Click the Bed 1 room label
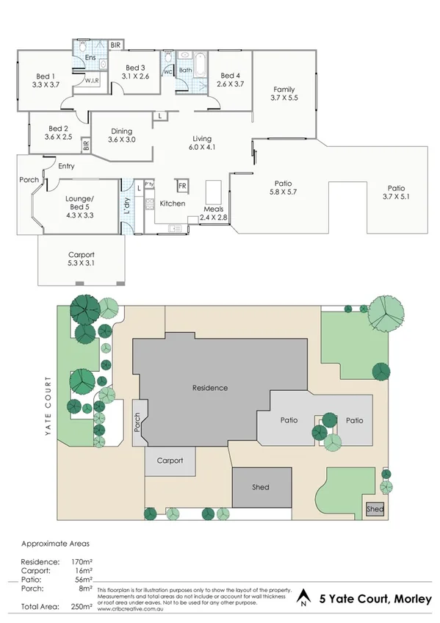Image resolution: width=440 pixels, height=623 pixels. click(x=46, y=76)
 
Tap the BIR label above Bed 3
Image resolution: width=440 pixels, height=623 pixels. click(x=115, y=46)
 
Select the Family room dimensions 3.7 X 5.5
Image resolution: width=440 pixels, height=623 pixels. click(x=284, y=98)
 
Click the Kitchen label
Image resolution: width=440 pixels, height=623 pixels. click(x=173, y=204)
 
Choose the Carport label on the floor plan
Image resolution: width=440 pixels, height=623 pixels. click(x=82, y=256)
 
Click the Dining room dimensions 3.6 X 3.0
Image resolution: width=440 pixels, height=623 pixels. click(x=121, y=140)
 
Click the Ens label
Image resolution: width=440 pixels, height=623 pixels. click(x=90, y=57)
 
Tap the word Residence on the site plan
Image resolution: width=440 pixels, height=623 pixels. click(x=209, y=388)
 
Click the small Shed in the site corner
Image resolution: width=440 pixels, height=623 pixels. click(x=375, y=508)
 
